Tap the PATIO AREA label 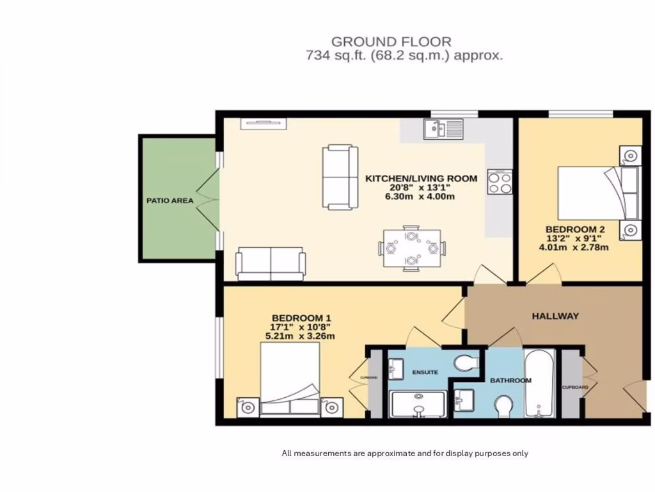170,201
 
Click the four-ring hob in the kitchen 500,181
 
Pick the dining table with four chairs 413,248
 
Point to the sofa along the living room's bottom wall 270,264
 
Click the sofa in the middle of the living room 340,177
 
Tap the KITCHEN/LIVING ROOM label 421,178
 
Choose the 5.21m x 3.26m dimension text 300,336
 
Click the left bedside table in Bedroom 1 248,407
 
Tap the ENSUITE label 425,372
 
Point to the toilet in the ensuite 467,363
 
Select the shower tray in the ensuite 418,404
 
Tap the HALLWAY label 555,316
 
